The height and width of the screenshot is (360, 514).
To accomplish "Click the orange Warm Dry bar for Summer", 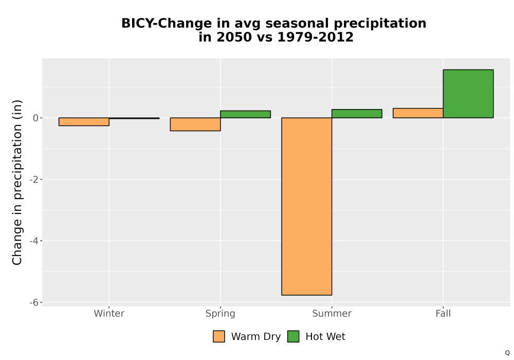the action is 306,206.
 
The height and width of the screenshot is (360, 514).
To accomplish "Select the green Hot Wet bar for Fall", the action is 468,94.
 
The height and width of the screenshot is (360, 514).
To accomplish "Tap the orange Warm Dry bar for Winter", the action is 84,122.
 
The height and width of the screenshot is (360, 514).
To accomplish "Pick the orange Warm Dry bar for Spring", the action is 195,124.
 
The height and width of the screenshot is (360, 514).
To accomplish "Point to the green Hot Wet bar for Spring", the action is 246,114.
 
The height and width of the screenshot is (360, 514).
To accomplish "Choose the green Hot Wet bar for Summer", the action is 357,114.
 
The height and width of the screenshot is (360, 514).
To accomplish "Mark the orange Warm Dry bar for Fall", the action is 418,113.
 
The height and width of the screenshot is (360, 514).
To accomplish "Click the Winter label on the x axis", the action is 109,313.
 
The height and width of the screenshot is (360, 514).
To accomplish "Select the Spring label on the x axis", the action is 221,314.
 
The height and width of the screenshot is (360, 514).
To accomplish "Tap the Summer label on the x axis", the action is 332,313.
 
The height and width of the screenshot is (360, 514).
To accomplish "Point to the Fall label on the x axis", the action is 443,313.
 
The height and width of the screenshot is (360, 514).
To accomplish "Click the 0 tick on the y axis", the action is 36,118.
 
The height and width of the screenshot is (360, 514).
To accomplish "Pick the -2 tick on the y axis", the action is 34,179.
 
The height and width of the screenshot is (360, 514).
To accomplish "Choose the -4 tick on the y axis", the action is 34,241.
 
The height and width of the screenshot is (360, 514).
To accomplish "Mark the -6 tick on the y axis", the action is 34,302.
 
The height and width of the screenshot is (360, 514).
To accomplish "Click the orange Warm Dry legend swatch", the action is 219,336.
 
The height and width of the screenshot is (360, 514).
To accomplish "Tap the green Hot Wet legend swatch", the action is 293,336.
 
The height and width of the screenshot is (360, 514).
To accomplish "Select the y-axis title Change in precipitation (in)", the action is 17,182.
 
